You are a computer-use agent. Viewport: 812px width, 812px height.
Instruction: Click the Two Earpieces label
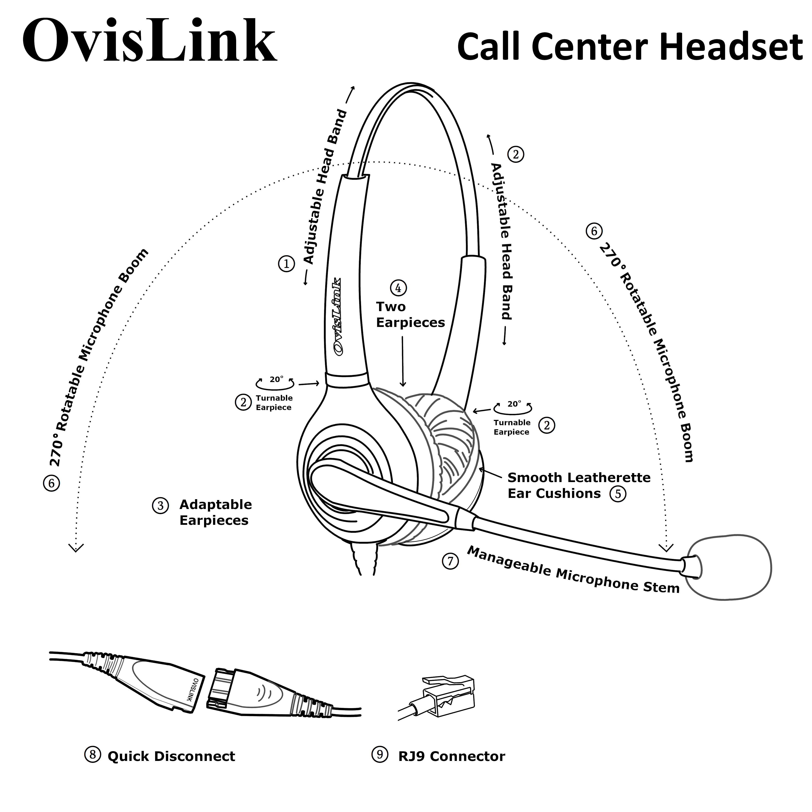coord(410,315)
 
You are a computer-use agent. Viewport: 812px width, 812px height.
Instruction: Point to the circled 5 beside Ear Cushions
coord(618,494)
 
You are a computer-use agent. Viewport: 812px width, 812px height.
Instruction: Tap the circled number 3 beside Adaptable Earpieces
coord(160,506)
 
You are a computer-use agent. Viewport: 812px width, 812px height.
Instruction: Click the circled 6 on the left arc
coord(51,483)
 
